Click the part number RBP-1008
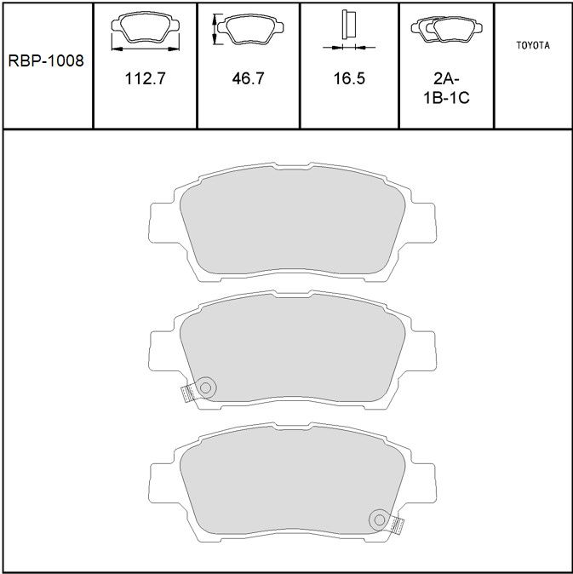click(x=46, y=60)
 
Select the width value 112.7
click(x=146, y=78)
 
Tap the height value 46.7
click(x=248, y=78)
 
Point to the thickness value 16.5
click(x=349, y=78)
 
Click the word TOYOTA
click(x=533, y=45)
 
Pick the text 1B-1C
click(x=446, y=98)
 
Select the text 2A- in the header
click(x=446, y=78)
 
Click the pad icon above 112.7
click(x=146, y=26)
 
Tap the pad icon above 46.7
click(x=250, y=29)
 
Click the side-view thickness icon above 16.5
click(x=348, y=25)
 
